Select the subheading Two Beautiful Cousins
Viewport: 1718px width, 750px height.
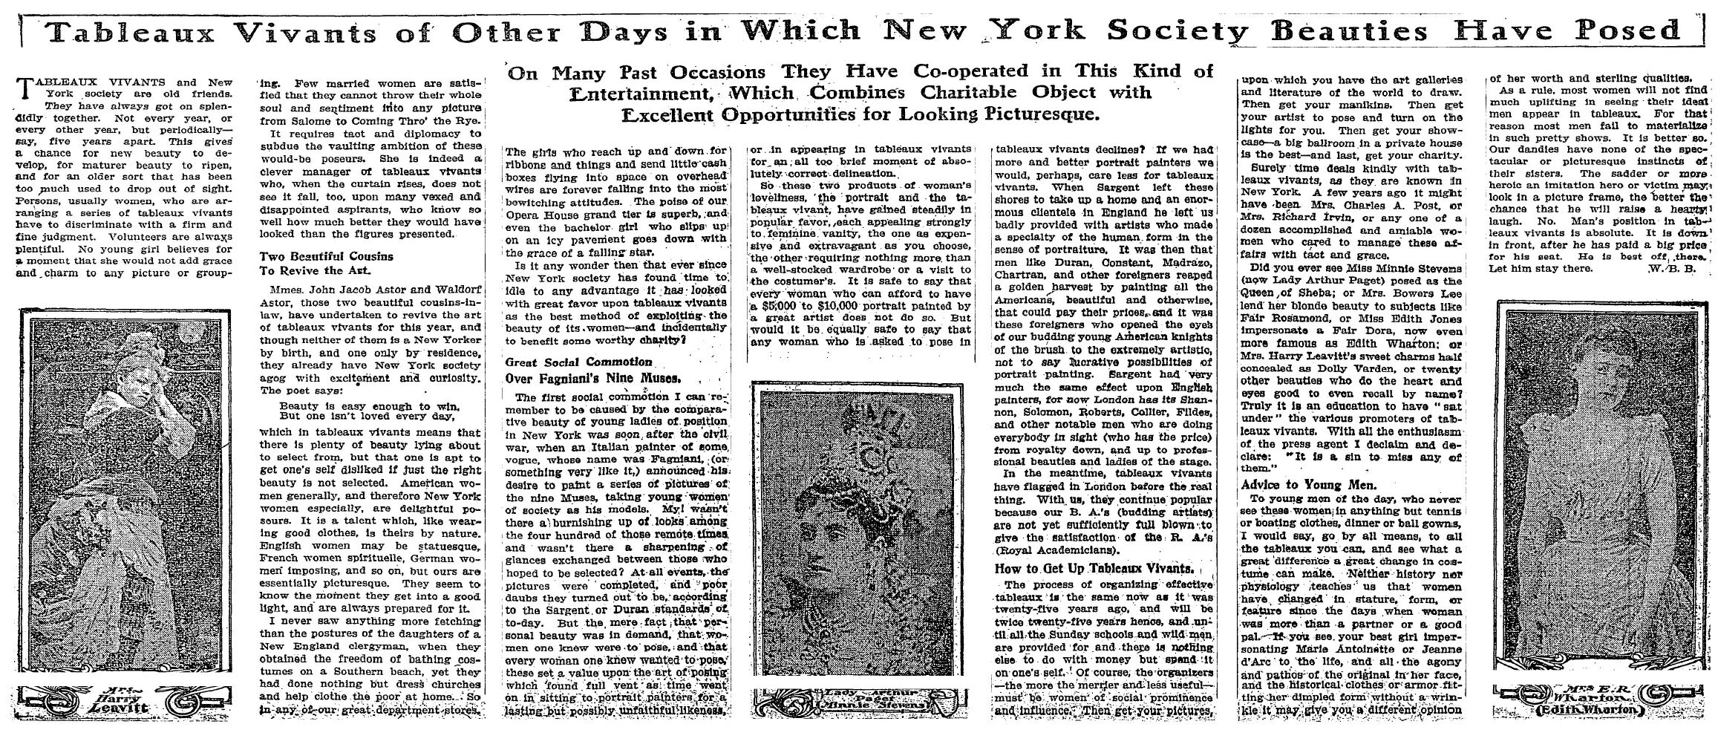click(325, 256)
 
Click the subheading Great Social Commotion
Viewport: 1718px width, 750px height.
click(578, 362)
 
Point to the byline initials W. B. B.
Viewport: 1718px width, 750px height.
click(1675, 269)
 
